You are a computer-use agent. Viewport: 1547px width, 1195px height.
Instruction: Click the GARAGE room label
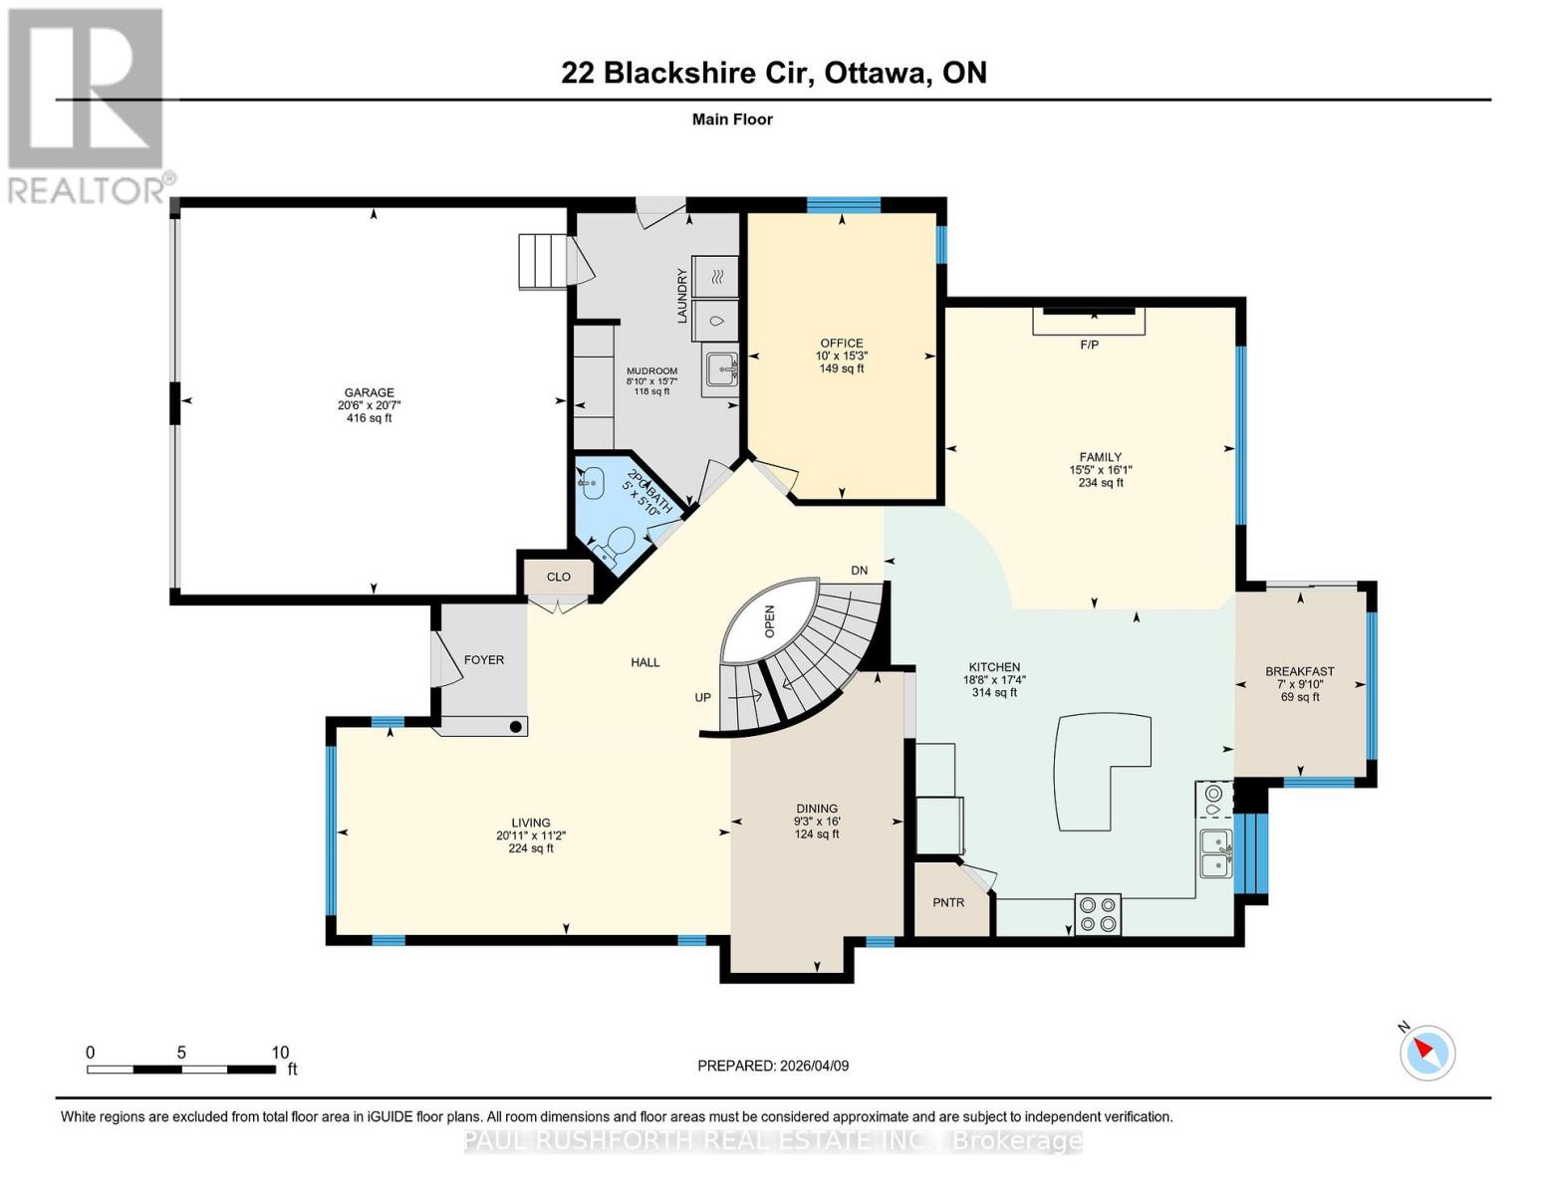(x=370, y=392)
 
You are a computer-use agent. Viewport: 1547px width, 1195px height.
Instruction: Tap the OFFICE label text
(x=841, y=343)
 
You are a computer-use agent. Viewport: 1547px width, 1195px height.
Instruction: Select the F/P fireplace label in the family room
(x=1089, y=345)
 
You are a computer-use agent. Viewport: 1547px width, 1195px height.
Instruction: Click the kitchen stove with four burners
(x=1097, y=914)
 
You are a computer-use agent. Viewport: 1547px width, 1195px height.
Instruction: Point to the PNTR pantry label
(x=948, y=902)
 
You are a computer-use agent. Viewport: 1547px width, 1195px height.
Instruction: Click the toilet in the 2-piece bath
(x=618, y=544)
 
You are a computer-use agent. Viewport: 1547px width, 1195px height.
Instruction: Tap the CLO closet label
(x=559, y=577)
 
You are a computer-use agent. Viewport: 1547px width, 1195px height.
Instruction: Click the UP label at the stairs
(x=703, y=697)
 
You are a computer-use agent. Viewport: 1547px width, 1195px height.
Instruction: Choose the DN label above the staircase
(x=859, y=570)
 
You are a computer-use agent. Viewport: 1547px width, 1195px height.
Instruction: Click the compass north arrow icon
(x=1427, y=1052)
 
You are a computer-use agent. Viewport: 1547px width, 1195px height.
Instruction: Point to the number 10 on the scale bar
(x=280, y=1053)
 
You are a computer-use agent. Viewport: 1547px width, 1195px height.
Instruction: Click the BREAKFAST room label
(x=1299, y=671)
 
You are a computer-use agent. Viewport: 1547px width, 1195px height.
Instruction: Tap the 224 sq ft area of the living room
(x=531, y=848)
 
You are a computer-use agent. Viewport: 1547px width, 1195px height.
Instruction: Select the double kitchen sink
(x=1215, y=852)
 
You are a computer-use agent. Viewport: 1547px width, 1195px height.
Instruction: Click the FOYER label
(x=484, y=659)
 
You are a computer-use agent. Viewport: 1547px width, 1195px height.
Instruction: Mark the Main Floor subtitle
(x=732, y=119)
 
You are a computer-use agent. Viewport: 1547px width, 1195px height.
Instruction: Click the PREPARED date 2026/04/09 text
(x=773, y=1066)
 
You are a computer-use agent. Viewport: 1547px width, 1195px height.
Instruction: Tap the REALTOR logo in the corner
(x=88, y=105)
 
